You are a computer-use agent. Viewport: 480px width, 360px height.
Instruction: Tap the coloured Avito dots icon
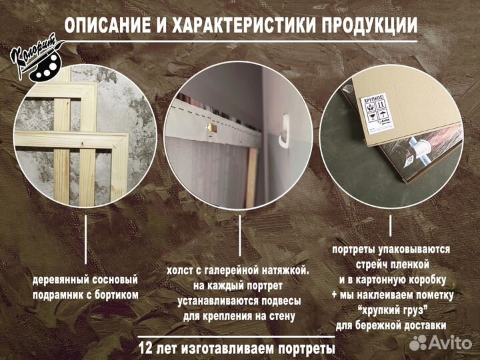[x=418, y=342]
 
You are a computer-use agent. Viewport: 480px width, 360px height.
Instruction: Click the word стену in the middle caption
[x=278, y=316]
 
